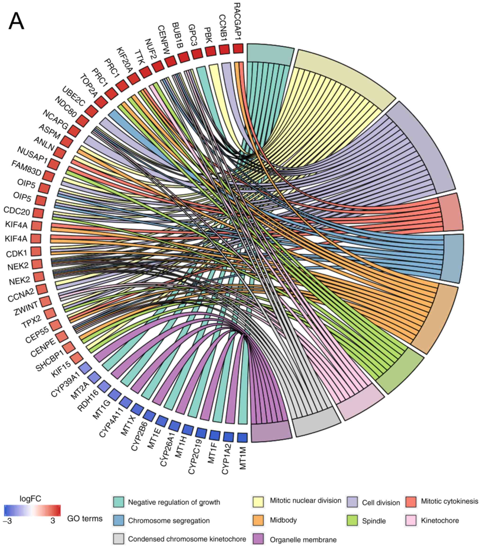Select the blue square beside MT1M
coord(242,438)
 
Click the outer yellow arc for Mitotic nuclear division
coord(346,78)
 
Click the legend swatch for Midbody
coord(258,520)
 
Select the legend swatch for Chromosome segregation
coord(118,520)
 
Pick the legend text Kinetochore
coord(440,520)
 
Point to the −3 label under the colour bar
coord(8,521)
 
